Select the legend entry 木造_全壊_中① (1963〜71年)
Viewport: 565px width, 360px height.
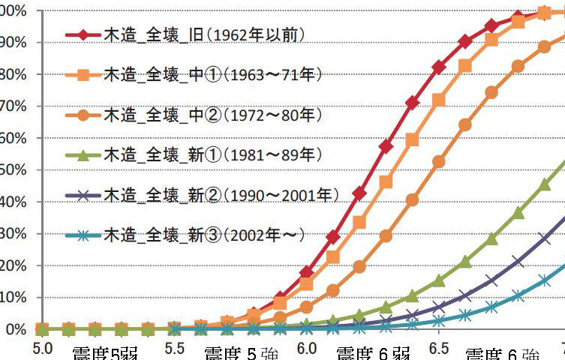click(213, 75)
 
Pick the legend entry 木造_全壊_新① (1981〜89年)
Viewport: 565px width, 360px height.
click(213, 154)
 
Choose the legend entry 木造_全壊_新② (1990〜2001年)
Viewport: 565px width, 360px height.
click(221, 195)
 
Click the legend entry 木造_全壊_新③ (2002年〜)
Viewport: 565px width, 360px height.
click(203, 235)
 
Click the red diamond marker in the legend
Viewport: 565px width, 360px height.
click(83, 34)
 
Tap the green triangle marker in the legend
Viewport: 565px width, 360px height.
click(83, 155)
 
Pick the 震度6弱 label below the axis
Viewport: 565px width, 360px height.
click(373, 354)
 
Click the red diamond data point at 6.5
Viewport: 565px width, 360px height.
click(439, 67)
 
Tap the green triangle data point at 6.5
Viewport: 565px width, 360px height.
click(439, 281)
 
